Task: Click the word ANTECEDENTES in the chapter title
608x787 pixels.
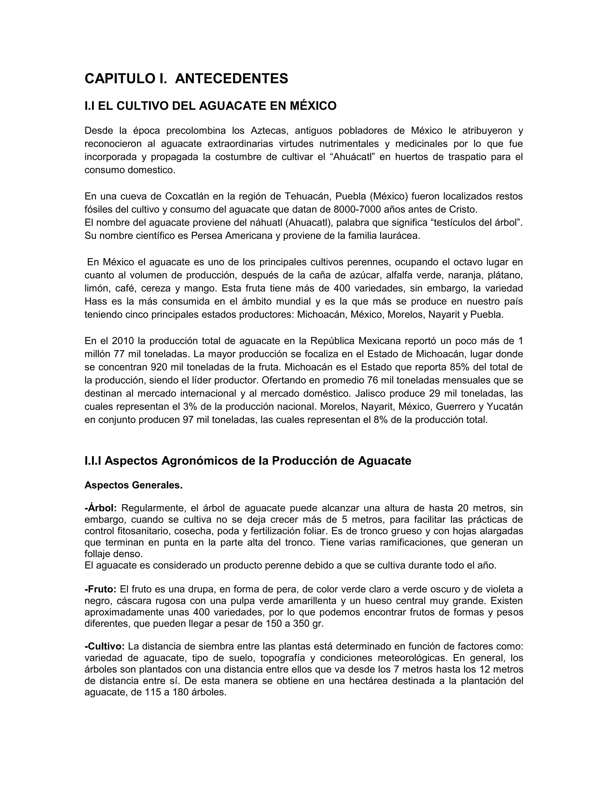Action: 231,79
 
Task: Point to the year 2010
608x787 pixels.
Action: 123,341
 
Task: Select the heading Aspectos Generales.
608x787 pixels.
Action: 133,485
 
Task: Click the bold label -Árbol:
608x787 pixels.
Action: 101,508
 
